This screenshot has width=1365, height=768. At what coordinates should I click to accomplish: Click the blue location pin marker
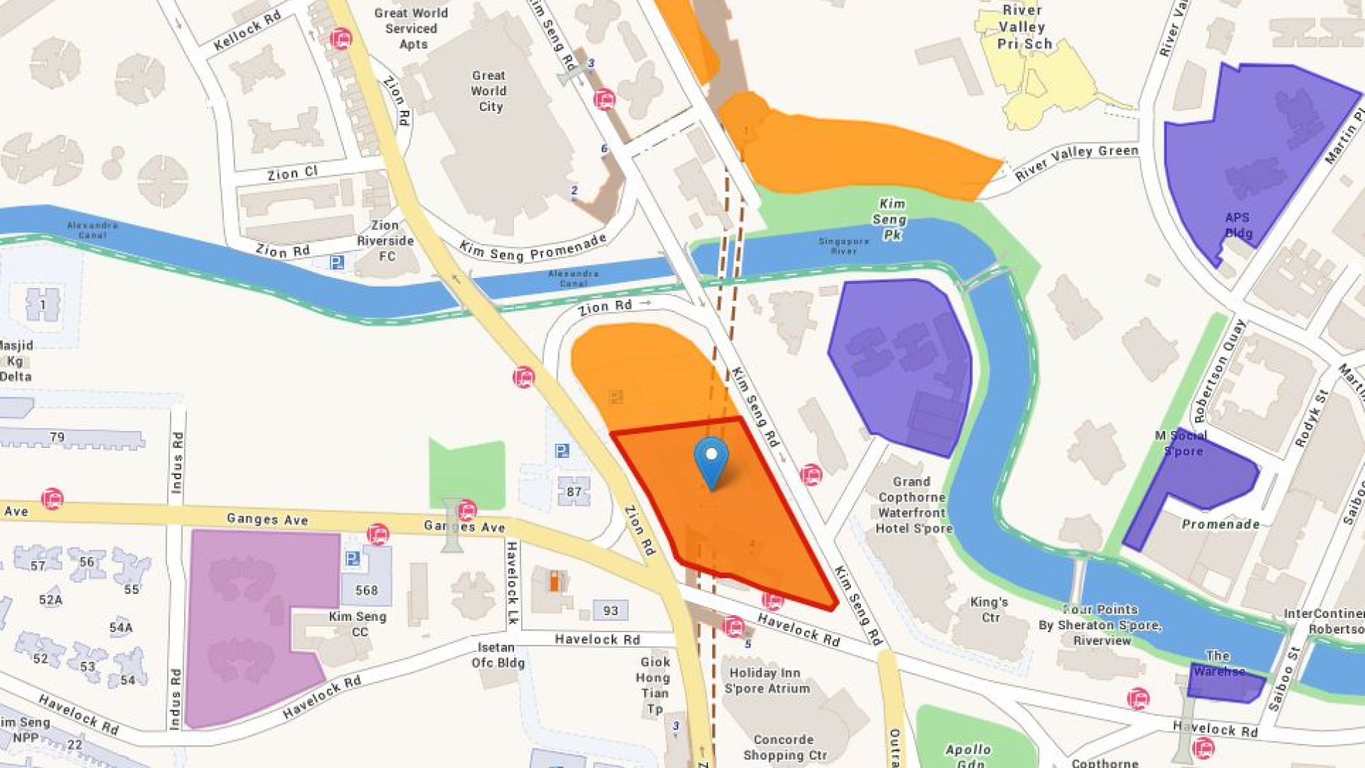(x=711, y=459)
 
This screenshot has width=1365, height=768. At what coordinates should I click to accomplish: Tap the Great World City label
(x=489, y=91)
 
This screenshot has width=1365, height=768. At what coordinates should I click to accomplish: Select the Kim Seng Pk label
(x=891, y=219)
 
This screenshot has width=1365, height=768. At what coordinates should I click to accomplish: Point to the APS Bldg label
(x=1238, y=225)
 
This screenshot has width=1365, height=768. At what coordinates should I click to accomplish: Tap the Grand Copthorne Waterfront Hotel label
(x=913, y=505)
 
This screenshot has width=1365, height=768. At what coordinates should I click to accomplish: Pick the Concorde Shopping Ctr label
(x=784, y=747)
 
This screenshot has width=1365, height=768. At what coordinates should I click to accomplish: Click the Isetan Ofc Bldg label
(x=498, y=655)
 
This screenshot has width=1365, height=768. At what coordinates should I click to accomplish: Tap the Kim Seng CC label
(x=358, y=624)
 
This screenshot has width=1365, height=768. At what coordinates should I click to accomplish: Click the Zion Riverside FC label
(x=385, y=240)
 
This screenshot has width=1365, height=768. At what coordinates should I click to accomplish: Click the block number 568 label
(x=366, y=590)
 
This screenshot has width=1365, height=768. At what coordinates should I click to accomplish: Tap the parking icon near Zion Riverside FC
(x=337, y=262)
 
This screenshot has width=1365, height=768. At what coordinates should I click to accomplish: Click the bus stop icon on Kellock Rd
(x=341, y=38)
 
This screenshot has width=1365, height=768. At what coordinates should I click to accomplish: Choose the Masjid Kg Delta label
(x=16, y=361)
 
